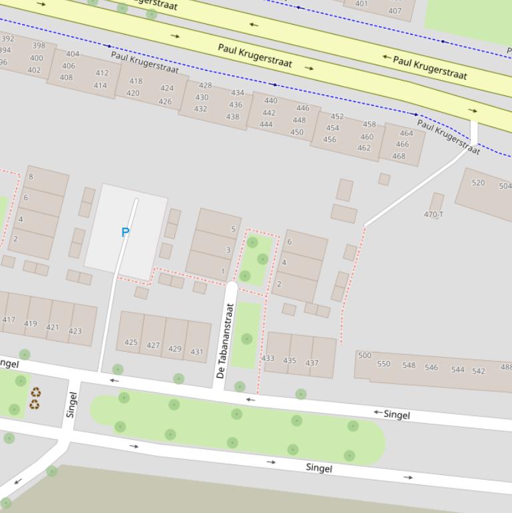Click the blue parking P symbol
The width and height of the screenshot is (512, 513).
click(x=125, y=232)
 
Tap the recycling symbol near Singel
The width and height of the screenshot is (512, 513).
click(x=35, y=398)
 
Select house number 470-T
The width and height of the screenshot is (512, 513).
click(x=433, y=215)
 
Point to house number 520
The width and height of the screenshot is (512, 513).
click(x=478, y=183)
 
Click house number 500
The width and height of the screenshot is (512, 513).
click(x=364, y=355)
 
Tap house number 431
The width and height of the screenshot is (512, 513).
click(x=196, y=352)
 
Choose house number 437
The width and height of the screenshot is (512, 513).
click(x=312, y=363)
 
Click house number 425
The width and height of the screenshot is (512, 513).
click(x=130, y=342)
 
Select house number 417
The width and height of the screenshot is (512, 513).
click(x=9, y=320)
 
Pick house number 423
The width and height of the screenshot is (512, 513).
click(x=75, y=330)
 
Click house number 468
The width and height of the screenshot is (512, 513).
click(x=399, y=157)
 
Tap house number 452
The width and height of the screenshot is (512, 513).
click(x=338, y=117)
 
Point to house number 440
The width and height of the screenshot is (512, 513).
click(x=270, y=101)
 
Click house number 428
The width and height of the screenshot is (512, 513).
click(x=205, y=85)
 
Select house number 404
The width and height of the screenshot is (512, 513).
click(x=73, y=54)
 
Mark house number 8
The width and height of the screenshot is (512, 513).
click(x=31, y=177)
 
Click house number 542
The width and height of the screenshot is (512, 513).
click(x=479, y=371)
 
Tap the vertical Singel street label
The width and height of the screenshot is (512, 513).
click(x=72, y=404)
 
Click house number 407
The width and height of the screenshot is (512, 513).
click(x=395, y=11)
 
